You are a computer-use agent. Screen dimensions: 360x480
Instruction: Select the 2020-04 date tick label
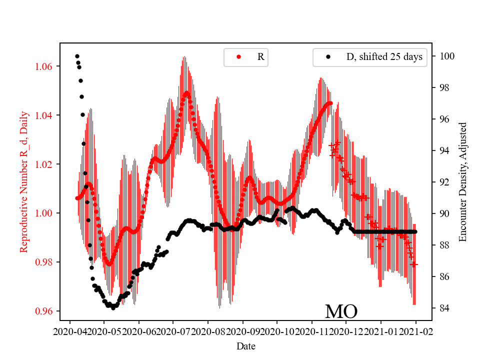[69, 331]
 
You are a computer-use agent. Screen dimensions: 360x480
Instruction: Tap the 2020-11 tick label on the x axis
[312, 331]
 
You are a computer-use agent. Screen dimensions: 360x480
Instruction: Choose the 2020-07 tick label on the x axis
[173, 331]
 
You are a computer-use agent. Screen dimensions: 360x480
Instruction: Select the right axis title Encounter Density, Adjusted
[462, 182]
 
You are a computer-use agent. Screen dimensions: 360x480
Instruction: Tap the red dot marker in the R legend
[238, 57]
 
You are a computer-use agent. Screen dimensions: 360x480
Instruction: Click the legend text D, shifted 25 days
[384, 57]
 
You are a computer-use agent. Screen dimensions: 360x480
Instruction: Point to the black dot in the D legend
[328, 57]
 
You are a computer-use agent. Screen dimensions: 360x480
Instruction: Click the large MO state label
[341, 311]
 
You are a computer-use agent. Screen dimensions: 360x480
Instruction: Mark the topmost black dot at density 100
[77, 56]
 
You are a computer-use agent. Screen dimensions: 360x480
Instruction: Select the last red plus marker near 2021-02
[414, 264]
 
